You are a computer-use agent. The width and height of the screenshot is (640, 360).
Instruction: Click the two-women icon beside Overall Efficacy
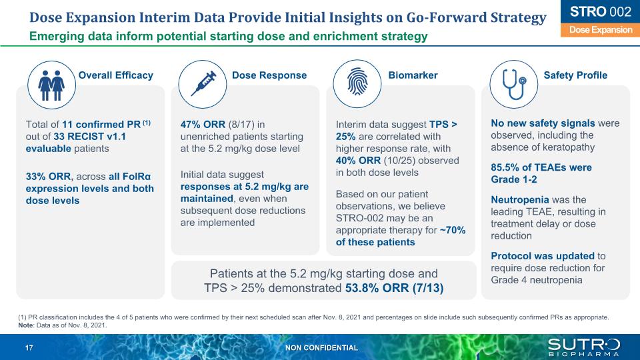click(x=50, y=84)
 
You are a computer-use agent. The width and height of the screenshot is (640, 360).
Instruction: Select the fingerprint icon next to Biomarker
click(x=357, y=84)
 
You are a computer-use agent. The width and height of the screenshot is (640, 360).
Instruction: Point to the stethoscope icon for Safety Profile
click(x=512, y=84)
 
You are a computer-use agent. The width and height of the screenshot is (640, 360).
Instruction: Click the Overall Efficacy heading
click(x=116, y=75)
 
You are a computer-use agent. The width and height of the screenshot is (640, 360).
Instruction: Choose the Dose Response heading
click(x=269, y=75)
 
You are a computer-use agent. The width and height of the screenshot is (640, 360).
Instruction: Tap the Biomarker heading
click(x=413, y=75)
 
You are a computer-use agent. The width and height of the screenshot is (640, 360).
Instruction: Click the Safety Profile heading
click(x=575, y=75)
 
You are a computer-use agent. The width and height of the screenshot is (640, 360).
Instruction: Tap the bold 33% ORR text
click(x=48, y=177)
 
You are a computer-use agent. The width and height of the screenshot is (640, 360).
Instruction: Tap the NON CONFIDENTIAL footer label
click(x=321, y=347)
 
